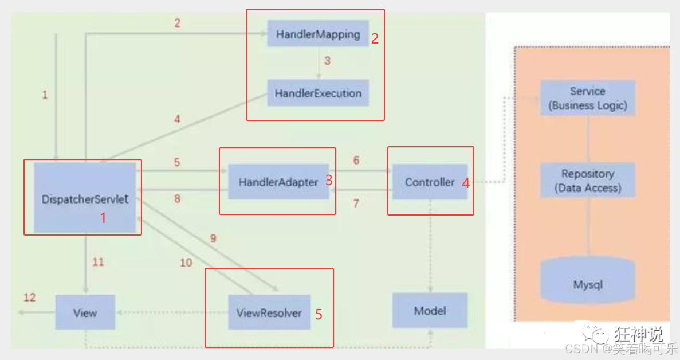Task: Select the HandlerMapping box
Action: point(317,34)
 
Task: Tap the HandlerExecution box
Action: point(317,93)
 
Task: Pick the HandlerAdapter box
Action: point(278,182)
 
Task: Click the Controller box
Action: point(430,182)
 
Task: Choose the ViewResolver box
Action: point(269,313)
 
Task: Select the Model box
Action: point(430,311)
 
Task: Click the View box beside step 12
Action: point(85,313)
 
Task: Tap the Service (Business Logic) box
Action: point(587,99)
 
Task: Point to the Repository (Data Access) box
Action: point(587,181)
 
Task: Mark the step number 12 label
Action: point(29,298)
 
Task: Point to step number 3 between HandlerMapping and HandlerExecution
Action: point(327,60)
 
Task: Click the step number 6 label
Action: point(356,161)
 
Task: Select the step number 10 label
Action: point(186,263)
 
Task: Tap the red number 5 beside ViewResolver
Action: point(319,314)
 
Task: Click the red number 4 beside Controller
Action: point(466,183)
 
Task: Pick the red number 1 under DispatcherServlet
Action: point(103,218)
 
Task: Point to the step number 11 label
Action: point(98,262)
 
